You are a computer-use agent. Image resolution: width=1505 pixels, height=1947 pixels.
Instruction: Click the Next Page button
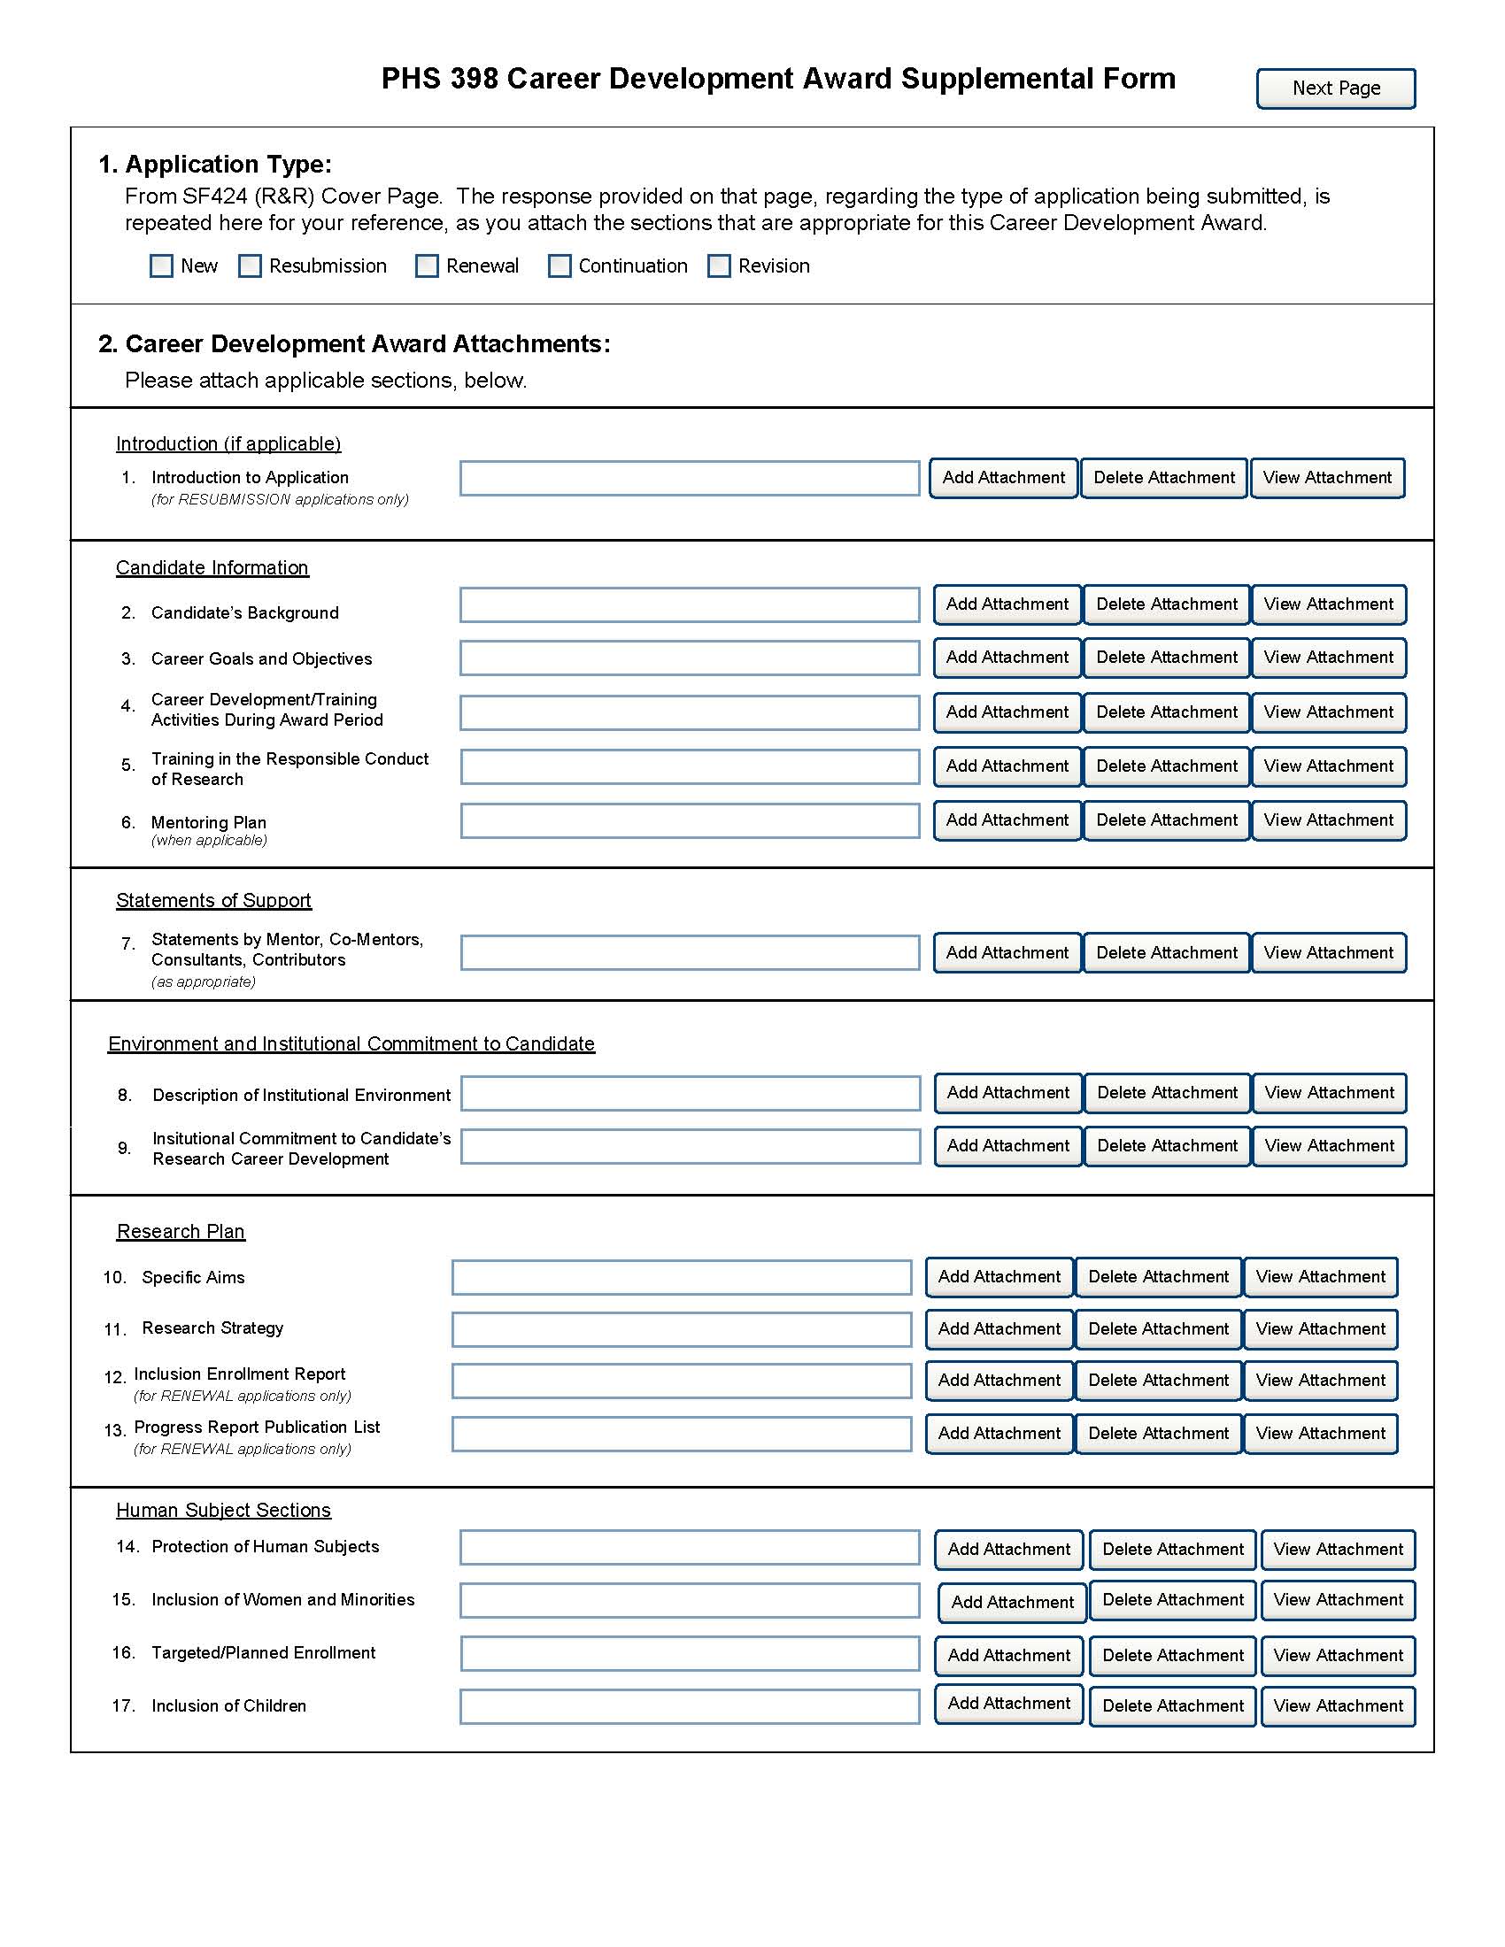[x=1335, y=88]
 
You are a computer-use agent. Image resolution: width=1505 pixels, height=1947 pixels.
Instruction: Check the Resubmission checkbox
[x=251, y=265]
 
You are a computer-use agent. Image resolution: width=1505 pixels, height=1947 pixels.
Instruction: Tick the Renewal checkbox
[x=427, y=265]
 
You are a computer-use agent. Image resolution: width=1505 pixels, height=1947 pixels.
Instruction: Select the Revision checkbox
[x=719, y=265]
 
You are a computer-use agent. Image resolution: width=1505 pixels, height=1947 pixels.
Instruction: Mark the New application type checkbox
[x=161, y=265]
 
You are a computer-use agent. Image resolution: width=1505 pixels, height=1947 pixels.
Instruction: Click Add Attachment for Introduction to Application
[x=1003, y=478]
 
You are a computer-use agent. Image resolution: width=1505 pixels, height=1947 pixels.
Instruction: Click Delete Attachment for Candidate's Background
[x=1166, y=604]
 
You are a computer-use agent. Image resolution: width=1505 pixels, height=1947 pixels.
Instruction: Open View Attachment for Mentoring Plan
[x=1329, y=820]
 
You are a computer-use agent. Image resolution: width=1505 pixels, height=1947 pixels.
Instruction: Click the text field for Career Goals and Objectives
[x=689, y=658]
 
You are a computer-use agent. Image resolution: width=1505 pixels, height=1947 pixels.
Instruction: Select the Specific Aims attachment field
[x=681, y=1276]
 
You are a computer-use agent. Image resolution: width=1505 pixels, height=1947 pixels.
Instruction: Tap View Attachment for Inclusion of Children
[x=1338, y=1705]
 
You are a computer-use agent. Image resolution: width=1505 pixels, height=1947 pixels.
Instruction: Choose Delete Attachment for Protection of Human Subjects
[x=1172, y=1550]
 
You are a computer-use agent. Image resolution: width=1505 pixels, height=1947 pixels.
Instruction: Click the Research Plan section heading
[x=181, y=1231]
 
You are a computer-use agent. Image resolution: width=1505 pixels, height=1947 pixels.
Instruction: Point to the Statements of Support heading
[x=214, y=900]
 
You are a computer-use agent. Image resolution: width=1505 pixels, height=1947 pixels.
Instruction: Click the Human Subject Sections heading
[x=224, y=1510]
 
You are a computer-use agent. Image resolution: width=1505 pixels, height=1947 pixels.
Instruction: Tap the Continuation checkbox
[x=559, y=265]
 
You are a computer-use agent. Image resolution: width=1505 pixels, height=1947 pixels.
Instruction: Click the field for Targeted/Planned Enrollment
[x=689, y=1654]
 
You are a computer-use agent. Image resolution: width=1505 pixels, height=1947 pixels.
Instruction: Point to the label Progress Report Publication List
[x=257, y=1428]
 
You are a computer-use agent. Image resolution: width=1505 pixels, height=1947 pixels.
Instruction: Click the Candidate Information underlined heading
[x=212, y=568]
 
